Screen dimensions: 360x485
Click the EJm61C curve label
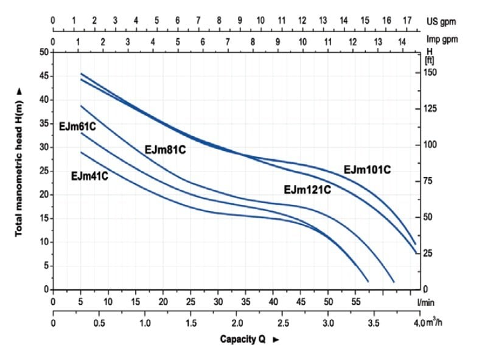pos(79,126)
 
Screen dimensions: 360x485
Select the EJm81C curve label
pos(164,149)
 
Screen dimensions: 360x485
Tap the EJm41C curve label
pos(89,177)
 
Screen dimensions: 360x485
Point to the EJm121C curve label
pos(307,190)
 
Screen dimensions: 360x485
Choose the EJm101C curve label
pos(366,170)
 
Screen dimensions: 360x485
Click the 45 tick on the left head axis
pos(43,76)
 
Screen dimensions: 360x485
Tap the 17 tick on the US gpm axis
pos(407,21)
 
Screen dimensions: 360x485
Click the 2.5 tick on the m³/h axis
pos(283,322)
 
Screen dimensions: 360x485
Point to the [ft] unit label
pos(429,60)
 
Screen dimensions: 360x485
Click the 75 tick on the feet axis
pos(428,181)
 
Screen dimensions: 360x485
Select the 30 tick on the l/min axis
pos(218,301)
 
